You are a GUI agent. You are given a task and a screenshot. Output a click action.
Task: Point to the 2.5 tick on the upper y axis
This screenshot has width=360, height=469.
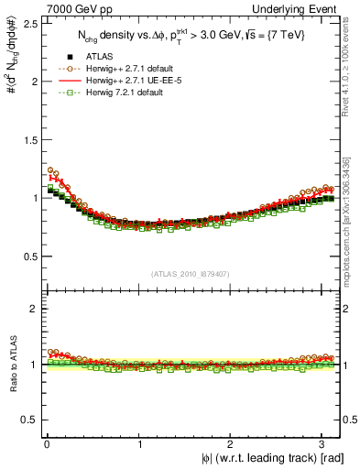click(27, 23)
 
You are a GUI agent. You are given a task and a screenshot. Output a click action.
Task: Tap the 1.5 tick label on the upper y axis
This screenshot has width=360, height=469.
click(27, 139)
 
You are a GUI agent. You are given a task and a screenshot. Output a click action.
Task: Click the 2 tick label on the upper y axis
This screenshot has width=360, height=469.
click(33, 81)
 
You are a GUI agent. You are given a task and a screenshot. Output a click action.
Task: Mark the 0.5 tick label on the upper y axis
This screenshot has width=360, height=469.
click(27, 256)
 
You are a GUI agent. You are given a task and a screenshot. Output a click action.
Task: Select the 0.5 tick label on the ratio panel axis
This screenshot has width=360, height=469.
click(27, 420)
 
